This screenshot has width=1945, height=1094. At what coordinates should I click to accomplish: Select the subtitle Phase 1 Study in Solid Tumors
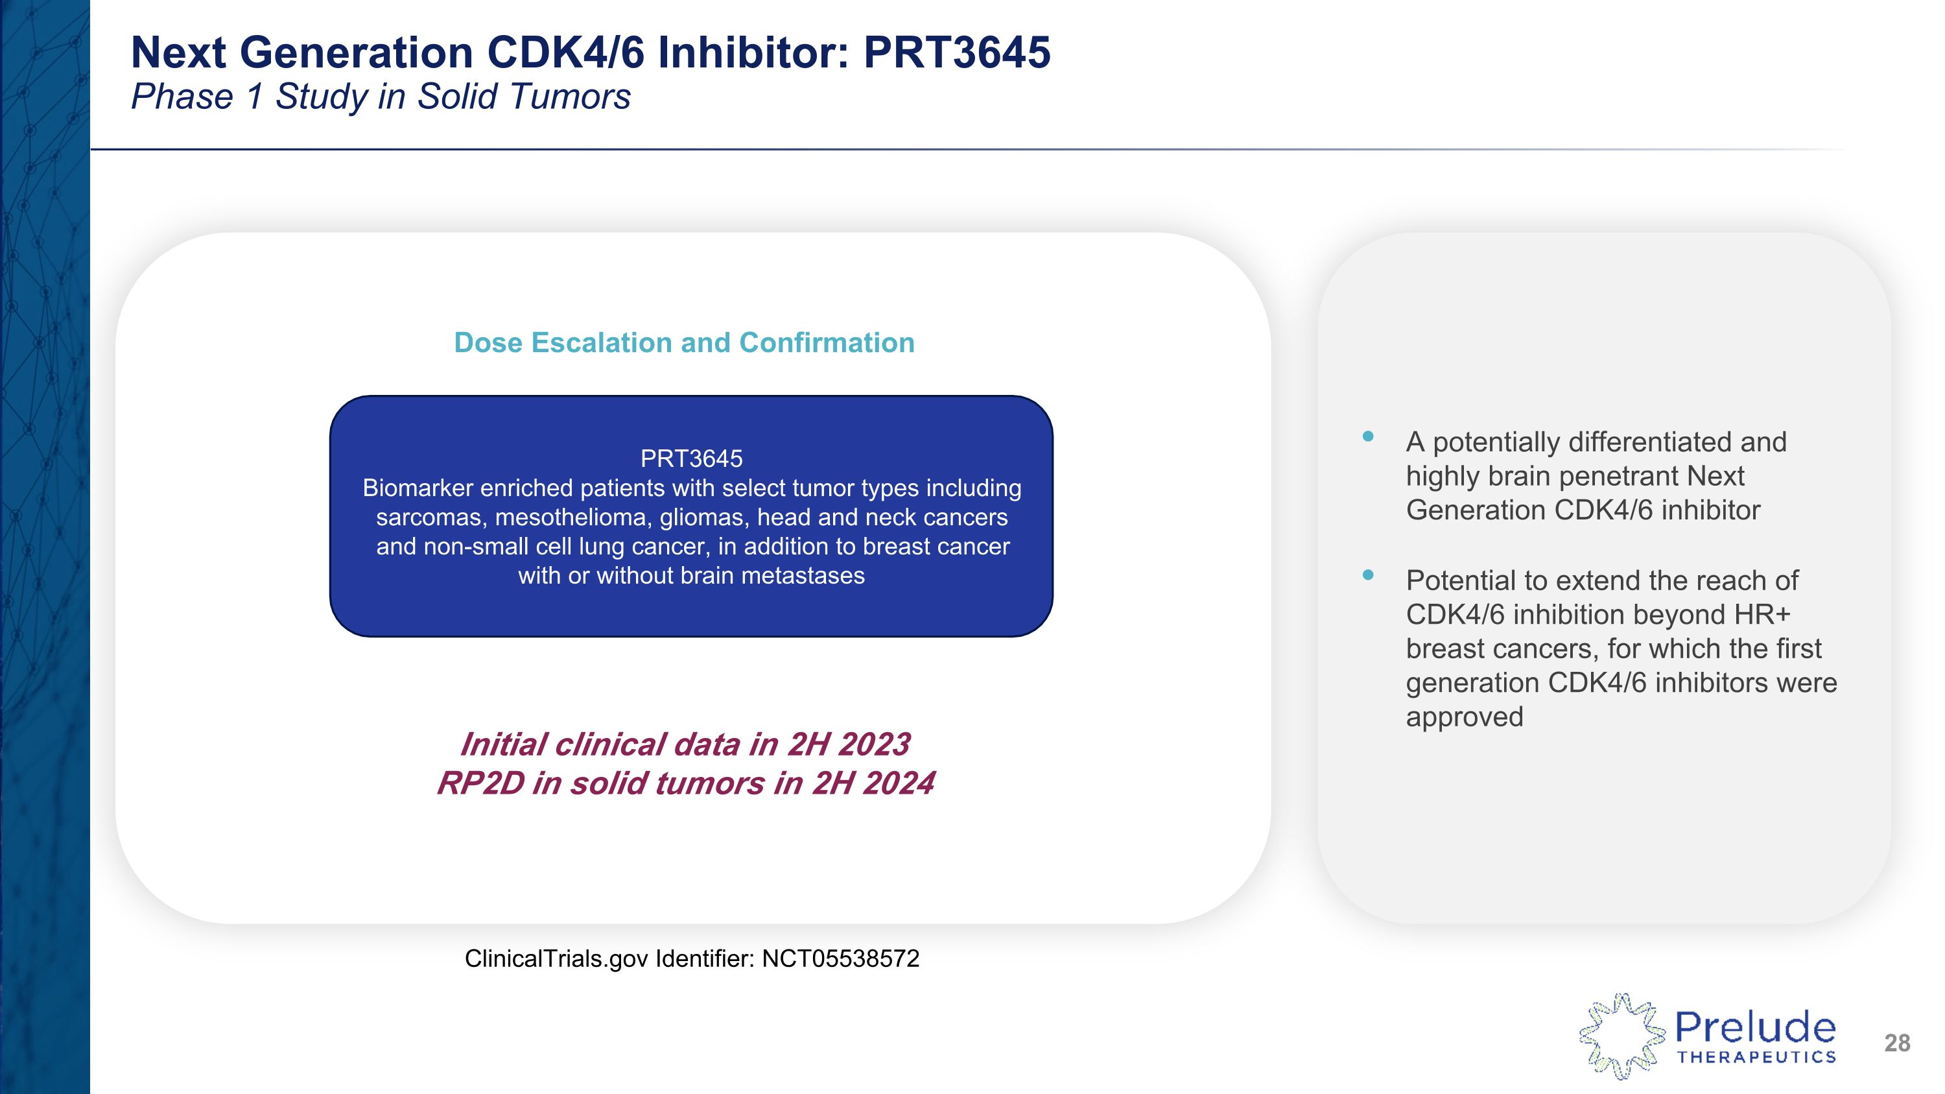click(381, 97)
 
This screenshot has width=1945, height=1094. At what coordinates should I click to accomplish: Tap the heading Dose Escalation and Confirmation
click(684, 343)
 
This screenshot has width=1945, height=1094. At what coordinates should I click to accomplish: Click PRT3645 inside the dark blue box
click(691, 458)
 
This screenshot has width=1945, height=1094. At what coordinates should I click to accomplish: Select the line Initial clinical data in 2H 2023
click(685, 744)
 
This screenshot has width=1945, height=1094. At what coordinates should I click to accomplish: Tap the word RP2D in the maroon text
click(480, 783)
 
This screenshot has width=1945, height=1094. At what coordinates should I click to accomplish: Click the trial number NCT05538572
click(840, 958)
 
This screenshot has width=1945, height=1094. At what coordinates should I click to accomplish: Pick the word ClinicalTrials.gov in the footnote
click(556, 958)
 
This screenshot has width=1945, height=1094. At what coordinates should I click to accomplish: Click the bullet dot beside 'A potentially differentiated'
click(1367, 436)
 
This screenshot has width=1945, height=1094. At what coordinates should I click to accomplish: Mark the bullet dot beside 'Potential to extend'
click(1367, 575)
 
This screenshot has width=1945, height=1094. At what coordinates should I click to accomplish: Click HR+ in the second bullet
click(1762, 615)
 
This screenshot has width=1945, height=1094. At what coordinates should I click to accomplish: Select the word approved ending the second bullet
click(1464, 717)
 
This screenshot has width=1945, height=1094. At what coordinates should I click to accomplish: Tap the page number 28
click(1896, 1043)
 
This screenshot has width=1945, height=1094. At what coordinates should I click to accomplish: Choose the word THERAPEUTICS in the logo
click(1756, 1057)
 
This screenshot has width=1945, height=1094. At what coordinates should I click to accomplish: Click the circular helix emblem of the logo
click(1621, 1036)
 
